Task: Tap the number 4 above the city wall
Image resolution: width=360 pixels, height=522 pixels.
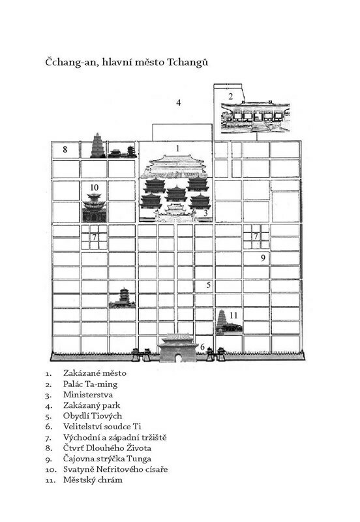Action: (178, 102)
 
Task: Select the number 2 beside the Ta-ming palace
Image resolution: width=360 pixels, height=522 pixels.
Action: (231, 97)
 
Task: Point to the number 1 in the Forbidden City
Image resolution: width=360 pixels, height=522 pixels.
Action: (177, 148)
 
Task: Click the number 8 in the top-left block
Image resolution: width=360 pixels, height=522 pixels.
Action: (65, 149)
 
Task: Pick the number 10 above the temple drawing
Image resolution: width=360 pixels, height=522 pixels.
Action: (94, 187)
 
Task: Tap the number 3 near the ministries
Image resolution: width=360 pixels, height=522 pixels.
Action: (205, 213)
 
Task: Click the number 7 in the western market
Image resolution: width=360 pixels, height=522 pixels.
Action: (95, 237)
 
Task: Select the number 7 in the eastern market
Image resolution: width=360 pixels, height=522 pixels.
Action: (256, 236)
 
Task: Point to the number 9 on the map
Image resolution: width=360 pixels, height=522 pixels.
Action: (263, 258)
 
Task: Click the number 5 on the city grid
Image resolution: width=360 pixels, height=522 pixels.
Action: (208, 284)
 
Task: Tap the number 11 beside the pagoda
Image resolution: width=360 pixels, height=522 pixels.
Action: (233, 315)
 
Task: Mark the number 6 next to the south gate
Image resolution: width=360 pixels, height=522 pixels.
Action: (202, 347)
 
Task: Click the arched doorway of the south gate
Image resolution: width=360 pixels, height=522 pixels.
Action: (178, 358)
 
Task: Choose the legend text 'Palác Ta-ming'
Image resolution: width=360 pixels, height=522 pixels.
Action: (90, 384)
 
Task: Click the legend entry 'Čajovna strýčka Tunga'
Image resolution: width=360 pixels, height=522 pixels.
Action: (107, 459)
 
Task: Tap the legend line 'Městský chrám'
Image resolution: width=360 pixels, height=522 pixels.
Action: (93, 480)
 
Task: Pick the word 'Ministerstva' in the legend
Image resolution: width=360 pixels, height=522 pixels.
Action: (88, 395)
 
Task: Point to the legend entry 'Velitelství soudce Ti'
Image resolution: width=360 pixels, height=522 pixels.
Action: (102, 426)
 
